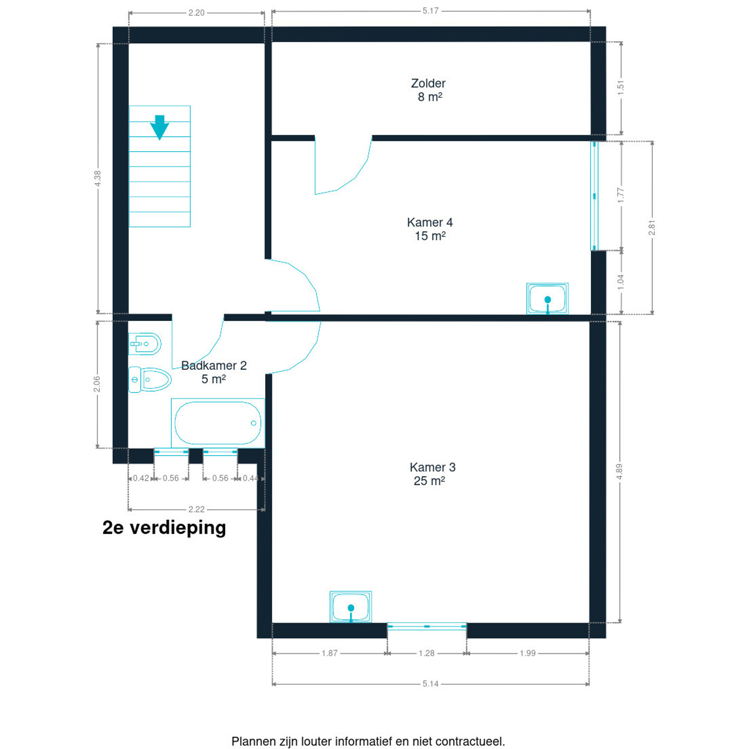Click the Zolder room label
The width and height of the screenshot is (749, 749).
(428, 90)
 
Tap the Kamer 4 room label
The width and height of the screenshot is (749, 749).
(430, 229)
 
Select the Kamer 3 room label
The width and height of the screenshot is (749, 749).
(432, 474)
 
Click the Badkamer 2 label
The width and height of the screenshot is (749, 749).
(214, 372)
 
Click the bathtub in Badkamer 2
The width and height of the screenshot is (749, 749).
(218, 423)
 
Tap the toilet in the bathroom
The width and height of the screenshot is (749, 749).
(150, 379)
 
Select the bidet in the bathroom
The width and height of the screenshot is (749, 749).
(145, 344)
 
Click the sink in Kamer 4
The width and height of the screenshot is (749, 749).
(547, 299)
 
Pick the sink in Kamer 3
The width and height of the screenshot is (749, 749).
(351, 606)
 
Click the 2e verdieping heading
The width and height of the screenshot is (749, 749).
(164, 527)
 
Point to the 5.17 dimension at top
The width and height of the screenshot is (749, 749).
(430, 11)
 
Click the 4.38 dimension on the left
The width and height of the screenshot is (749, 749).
(98, 178)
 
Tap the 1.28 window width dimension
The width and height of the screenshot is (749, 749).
(426, 653)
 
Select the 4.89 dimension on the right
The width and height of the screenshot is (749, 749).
(619, 471)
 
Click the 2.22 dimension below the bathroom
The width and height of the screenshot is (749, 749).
(196, 509)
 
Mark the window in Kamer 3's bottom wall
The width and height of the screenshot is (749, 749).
(427, 626)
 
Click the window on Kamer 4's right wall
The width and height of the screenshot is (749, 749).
(594, 196)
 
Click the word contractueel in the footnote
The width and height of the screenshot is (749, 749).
(470, 741)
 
